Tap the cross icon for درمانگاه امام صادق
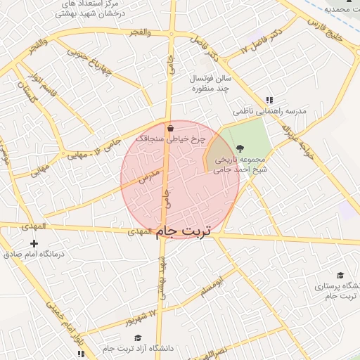[34, 243]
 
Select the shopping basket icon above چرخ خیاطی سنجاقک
[171, 129]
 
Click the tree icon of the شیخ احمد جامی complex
[240, 148]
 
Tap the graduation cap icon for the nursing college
[341, 275]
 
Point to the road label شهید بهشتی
[163, 278]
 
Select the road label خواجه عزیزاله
[295, 137]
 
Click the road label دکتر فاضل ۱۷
[262, 41]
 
